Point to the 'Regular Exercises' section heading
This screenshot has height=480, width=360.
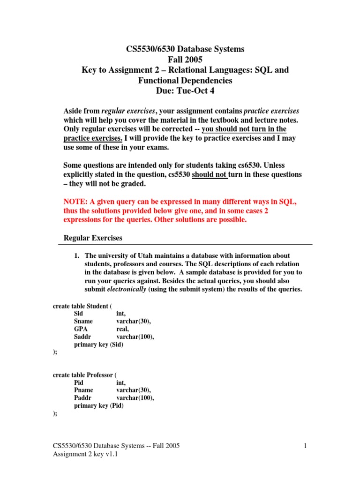click(x=93, y=238)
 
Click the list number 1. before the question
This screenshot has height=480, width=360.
click(x=78, y=255)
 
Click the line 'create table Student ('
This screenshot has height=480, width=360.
click(x=82, y=307)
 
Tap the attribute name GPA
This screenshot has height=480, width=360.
click(x=81, y=329)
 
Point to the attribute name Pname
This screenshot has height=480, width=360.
click(x=83, y=390)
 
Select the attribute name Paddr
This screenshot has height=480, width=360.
click(x=83, y=398)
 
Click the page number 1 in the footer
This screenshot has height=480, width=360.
click(x=305, y=446)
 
